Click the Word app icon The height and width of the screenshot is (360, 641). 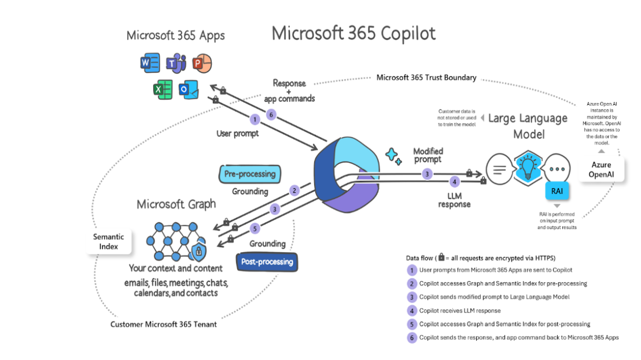(150, 62)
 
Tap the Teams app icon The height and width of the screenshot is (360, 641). (175, 62)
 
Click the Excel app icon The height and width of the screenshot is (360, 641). (163, 90)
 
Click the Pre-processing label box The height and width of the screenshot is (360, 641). (249, 174)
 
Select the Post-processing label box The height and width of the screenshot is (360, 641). (267, 262)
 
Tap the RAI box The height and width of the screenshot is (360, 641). (557, 190)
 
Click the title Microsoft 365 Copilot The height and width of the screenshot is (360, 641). (353, 33)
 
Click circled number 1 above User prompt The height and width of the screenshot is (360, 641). (254, 120)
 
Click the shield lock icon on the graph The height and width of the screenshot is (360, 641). (198, 251)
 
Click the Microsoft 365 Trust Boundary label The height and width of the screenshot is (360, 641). (426, 78)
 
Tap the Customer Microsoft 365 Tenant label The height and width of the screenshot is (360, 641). (164, 324)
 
